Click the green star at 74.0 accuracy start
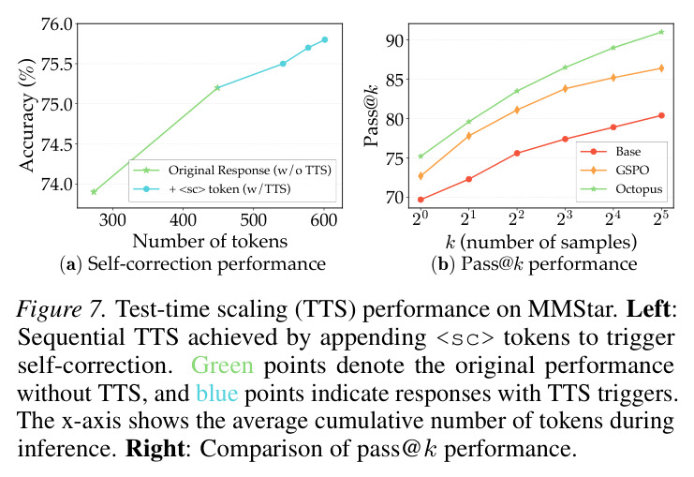click(x=94, y=192)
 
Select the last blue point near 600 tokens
click(x=324, y=39)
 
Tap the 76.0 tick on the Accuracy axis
click(x=56, y=24)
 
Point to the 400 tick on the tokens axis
click(x=183, y=219)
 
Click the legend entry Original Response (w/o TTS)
click(x=232, y=170)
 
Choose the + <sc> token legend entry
click(x=213, y=189)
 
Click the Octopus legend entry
click(x=621, y=189)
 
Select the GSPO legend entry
click(x=614, y=170)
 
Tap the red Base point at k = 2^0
click(x=421, y=200)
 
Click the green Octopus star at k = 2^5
click(x=661, y=32)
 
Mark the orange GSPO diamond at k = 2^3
click(x=565, y=89)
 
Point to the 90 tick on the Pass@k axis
click(x=395, y=40)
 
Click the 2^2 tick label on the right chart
click(x=516, y=218)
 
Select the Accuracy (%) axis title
click(x=26, y=115)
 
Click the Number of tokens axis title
click(x=210, y=241)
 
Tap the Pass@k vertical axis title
click(x=371, y=115)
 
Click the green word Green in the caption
click(x=222, y=365)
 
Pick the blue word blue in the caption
click(x=217, y=393)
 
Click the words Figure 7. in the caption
click(x=62, y=308)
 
